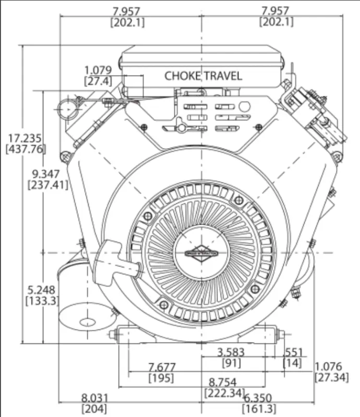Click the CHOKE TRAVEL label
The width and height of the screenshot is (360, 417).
click(203, 76)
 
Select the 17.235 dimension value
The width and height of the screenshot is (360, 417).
click(25, 138)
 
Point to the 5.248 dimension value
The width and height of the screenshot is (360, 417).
click(42, 290)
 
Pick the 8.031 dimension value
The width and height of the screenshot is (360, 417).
click(94, 398)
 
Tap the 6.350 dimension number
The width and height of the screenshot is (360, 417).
click(259, 398)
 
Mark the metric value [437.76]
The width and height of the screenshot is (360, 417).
click(26, 149)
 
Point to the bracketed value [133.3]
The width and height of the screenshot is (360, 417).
click(42, 301)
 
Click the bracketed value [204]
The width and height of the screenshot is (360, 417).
click(94, 409)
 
